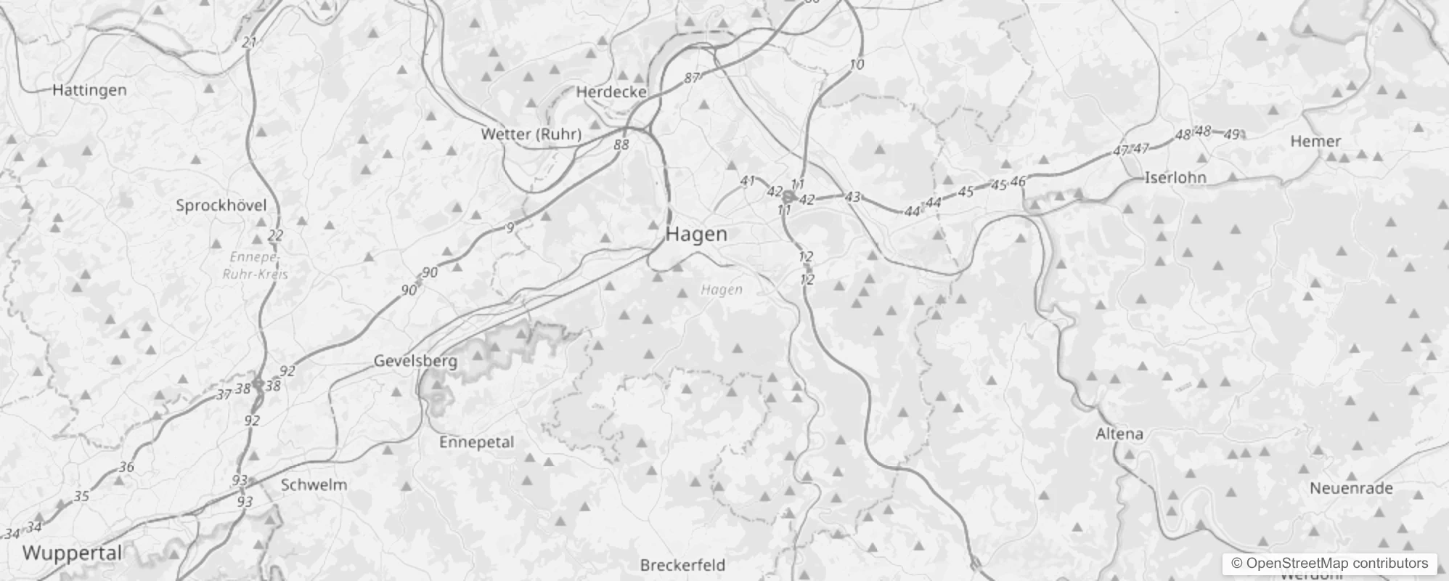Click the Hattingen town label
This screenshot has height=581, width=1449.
(x=89, y=90)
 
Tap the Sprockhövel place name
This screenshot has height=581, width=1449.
(x=221, y=206)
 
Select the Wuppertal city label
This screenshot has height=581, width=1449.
(x=72, y=553)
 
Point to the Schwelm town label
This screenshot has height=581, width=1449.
(x=314, y=485)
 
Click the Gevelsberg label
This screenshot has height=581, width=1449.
(x=415, y=361)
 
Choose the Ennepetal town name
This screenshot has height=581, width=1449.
(x=476, y=442)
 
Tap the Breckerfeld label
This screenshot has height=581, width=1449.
(x=682, y=565)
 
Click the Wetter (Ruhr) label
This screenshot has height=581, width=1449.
(x=531, y=134)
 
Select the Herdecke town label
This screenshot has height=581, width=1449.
(x=611, y=92)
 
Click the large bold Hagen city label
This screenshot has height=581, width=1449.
(x=696, y=235)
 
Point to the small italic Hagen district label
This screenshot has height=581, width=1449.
(x=722, y=290)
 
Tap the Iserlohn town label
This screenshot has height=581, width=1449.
(x=1175, y=178)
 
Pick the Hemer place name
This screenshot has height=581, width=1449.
(x=1315, y=142)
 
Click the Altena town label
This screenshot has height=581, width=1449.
(x=1119, y=434)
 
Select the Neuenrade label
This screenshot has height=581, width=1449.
(x=1351, y=489)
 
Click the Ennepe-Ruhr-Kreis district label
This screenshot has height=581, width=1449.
(x=255, y=266)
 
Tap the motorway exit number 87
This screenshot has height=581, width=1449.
(x=692, y=78)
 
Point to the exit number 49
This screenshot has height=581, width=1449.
(x=1232, y=134)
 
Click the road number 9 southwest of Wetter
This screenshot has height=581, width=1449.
(x=510, y=228)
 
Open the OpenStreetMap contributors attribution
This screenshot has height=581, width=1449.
(x=1329, y=564)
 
